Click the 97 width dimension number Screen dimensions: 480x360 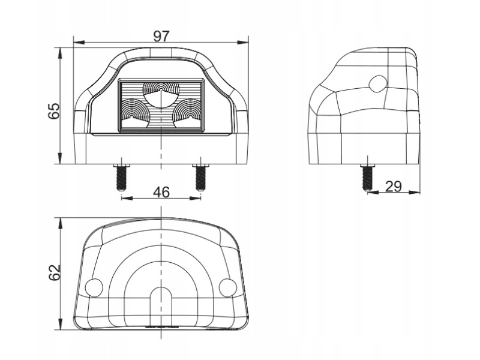point(161,37)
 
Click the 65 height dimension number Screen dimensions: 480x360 point(54,111)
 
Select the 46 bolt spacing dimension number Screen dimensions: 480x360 point(161,192)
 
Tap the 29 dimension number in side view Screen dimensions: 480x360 point(394,186)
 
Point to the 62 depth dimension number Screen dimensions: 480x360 point(54,272)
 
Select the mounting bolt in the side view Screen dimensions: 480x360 point(368,178)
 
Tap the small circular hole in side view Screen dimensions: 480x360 point(379,83)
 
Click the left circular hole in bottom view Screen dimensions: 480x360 point(94,287)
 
